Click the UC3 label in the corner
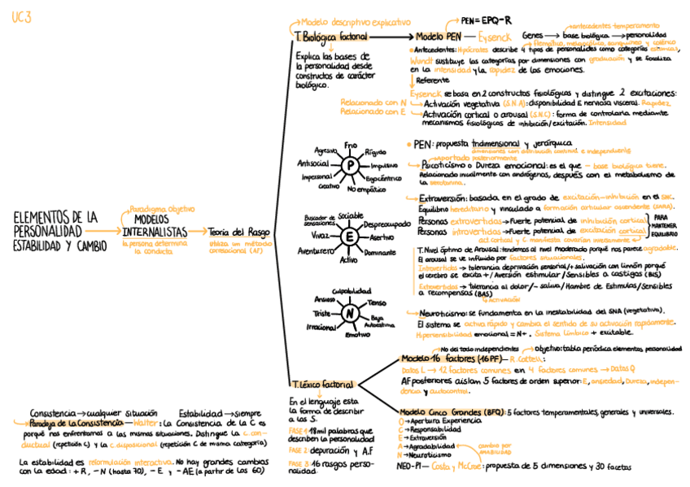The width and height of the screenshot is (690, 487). [21, 17]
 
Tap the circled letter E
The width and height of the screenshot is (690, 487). [348, 237]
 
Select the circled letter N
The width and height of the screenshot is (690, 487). [349, 314]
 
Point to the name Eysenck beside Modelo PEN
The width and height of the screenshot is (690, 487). [496, 37]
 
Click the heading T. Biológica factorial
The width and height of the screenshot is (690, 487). [330, 37]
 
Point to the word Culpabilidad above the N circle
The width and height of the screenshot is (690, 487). [351, 291]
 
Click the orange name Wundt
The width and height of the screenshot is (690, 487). [422, 59]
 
